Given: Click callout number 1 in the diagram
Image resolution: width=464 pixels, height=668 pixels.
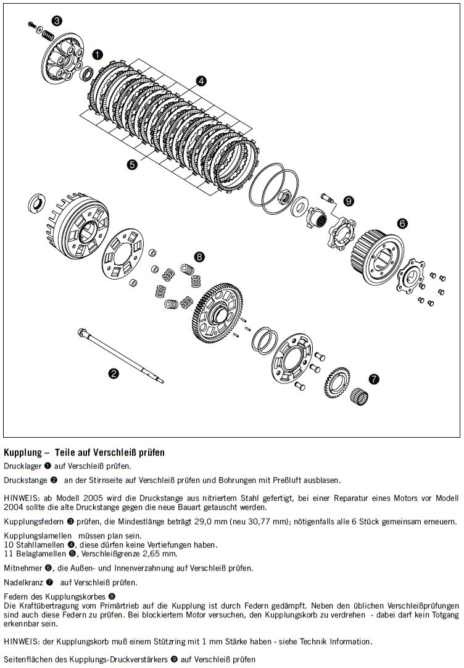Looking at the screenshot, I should tap(97, 54).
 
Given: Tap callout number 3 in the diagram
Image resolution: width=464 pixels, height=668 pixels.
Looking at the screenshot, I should tap(57, 21).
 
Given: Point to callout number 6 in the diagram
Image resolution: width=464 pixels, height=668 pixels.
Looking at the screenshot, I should tap(402, 223).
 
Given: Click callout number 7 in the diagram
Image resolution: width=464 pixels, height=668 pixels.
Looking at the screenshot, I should tap(375, 379).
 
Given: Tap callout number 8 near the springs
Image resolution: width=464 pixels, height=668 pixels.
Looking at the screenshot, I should tap(199, 256).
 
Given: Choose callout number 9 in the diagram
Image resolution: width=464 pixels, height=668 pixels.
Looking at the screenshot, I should tap(349, 201).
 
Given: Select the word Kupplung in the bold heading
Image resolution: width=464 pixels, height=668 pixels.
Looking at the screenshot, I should tap(21, 452).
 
